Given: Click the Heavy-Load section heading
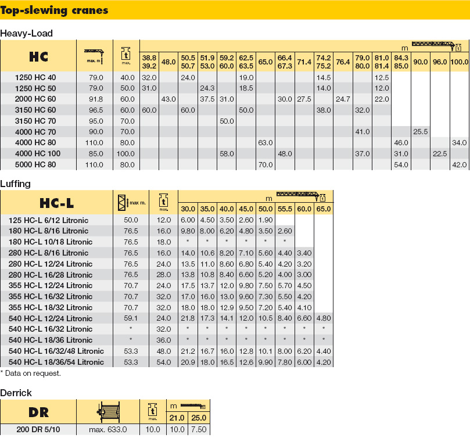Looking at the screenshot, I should pyautogui.click(x=27, y=33).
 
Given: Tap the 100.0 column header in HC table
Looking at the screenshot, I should pyautogui.click(x=460, y=62).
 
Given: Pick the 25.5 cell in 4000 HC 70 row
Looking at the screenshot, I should pyautogui.click(x=420, y=132).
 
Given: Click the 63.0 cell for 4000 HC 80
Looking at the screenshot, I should pyautogui.click(x=266, y=143).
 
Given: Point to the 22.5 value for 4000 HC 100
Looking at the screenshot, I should pyautogui.click(x=440, y=153).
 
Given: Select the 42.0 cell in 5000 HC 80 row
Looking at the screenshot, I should pyautogui.click(x=459, y=164).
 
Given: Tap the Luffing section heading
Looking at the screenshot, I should pyautogui.click(x=16, y=184).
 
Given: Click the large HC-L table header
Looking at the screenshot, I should pyautogui.click(x=56, y=203).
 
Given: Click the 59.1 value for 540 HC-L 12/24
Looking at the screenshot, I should pyautogui.click(x=131, y=318).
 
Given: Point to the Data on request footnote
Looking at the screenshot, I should pyautogui.click(x=30, y=373).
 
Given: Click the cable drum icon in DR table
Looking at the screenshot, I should pyautogui.click(x=109, y=412).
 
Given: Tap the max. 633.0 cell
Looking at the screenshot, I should pyautogui.click(x=108, y=430).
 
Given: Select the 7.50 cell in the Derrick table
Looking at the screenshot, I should pyautogui.click(x=199, y=430).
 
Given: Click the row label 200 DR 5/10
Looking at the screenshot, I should pyautogui.click(x=38, y=430).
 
